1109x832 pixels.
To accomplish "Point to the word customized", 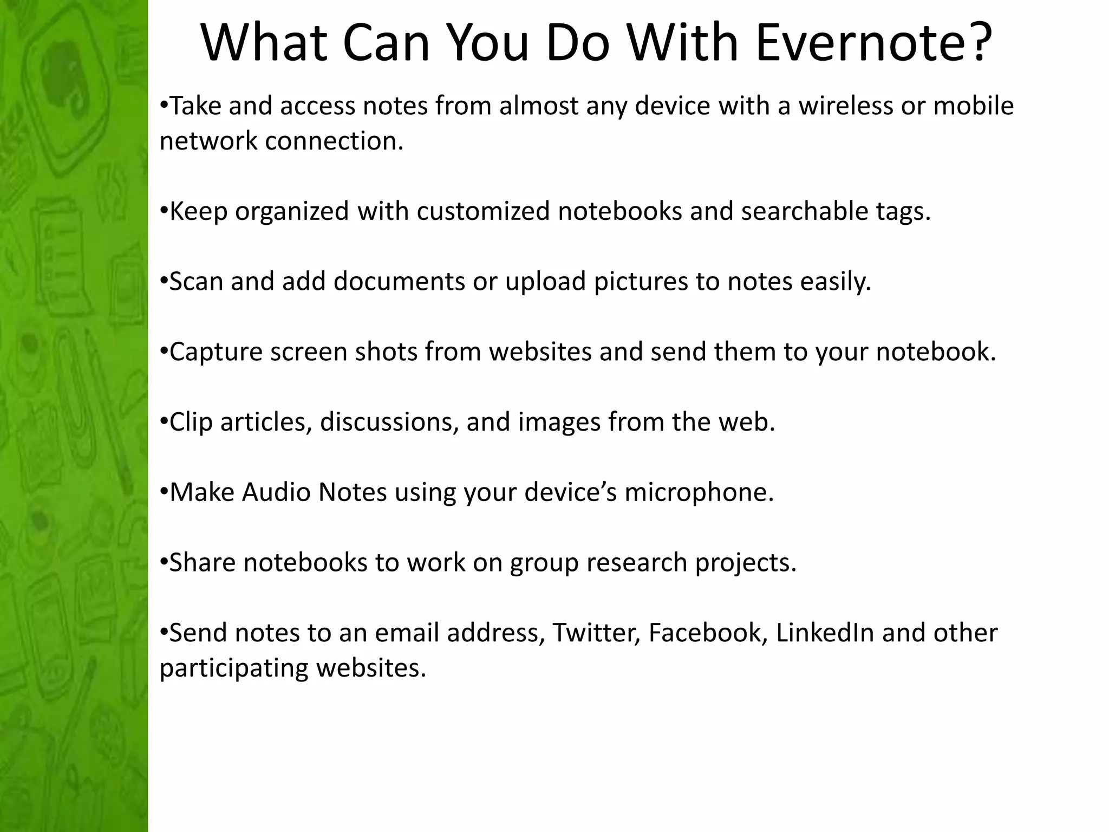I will tap(483, 211).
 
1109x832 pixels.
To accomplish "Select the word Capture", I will tap(216, 352).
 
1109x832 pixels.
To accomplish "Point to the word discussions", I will tap(389, 422).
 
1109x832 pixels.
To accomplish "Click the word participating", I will tap(234, 668).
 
